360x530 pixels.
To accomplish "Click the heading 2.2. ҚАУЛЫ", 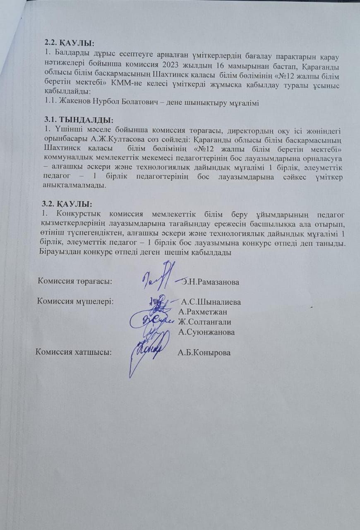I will point(70,43).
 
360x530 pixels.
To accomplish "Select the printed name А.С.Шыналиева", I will point(211,301).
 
